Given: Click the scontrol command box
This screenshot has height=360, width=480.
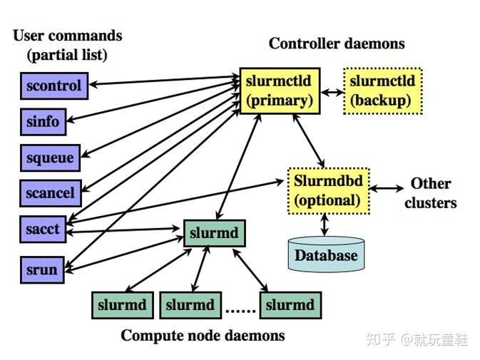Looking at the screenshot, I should point(53,86).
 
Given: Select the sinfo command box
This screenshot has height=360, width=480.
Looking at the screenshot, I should point(43,121).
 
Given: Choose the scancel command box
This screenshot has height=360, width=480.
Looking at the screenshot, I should point(50,192).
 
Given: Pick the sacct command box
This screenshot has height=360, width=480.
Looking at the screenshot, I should point(43,230).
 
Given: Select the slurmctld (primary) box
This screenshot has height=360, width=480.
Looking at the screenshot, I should point(280,91).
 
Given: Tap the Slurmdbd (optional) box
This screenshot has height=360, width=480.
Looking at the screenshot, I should point(328,190).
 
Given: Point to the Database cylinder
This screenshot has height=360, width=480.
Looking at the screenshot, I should point(326,255).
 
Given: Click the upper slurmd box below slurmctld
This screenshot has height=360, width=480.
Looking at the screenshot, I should point(215,233).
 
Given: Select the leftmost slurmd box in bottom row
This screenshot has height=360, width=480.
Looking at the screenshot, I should point(123,305).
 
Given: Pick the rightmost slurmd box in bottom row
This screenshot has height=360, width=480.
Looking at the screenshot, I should point(290,305).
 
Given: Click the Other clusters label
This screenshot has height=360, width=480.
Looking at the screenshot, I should point(430,192).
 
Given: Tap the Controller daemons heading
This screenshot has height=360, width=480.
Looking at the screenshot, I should point(336,43).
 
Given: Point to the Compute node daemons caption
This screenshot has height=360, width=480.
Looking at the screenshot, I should point(203,335).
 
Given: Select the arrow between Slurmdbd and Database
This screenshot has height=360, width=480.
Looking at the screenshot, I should point(326,225).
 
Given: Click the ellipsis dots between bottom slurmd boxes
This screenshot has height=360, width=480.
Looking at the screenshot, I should point(241,310).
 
